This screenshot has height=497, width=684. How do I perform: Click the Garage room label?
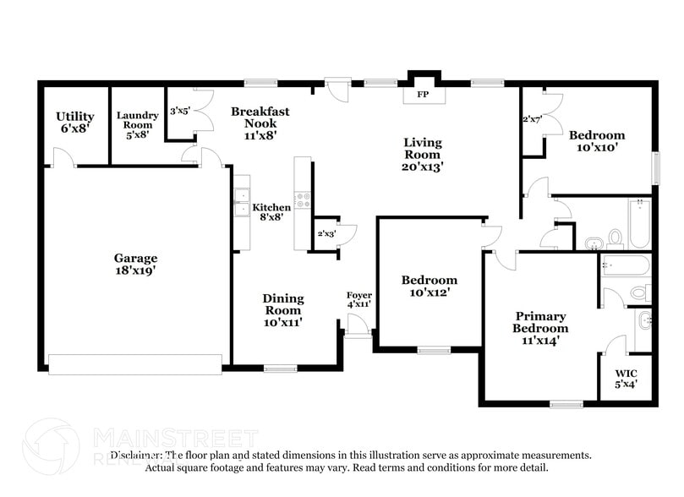click(135, 265)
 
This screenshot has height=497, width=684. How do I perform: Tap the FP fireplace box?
click(422, 94)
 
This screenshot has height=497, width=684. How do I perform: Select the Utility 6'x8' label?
click(74, 122)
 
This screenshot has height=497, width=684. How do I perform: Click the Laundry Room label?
click(137, 124)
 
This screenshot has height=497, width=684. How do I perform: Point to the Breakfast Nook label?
click(260, 122)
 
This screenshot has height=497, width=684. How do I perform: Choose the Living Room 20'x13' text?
click(421, 155)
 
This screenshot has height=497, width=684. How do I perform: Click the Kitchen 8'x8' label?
click(271, 211)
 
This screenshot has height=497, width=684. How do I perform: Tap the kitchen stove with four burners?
click(303, 201)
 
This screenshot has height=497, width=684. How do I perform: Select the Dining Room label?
click(282, 309)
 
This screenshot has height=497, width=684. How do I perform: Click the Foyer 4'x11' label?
click(359, 298)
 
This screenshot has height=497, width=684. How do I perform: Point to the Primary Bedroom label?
click(541, 328)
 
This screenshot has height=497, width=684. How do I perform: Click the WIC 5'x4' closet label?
click(626, 378)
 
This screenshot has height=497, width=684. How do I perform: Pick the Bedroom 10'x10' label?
click(596, 140)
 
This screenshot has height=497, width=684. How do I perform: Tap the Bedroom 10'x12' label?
click(429, 286)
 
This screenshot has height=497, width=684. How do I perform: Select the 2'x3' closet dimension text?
click(326, 233)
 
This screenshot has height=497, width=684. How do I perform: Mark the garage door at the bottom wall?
click(135, 364)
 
